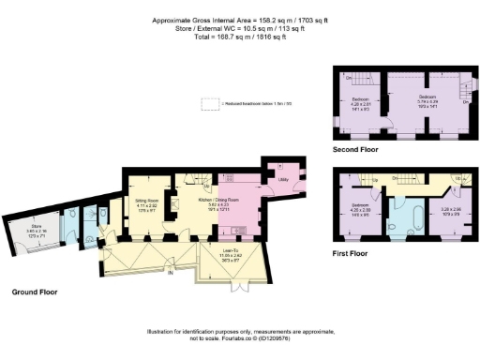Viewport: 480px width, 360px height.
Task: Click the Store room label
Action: [x=35, y=229]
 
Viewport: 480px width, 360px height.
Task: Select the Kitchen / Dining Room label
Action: [x=217, y=202]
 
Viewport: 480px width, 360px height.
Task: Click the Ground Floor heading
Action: [x=35, y=292]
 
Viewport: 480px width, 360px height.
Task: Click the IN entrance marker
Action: [x=171, y=273]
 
